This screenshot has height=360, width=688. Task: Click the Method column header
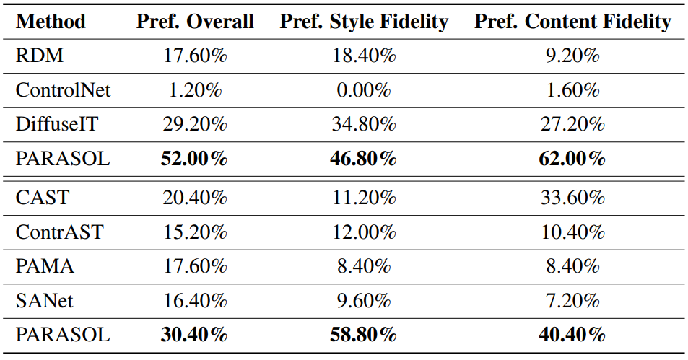(x=51, y=22)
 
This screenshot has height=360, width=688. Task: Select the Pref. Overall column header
(x=195, y=22)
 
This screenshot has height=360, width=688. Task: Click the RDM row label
(x=40, y=56)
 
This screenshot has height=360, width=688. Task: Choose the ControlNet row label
(x=64, y=90)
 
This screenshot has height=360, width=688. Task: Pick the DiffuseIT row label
(x=56, y=124)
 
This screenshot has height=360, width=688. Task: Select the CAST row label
(x=43, y=198)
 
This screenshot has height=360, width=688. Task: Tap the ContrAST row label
(x=59, y=232)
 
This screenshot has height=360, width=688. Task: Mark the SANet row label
(x=44, y=301)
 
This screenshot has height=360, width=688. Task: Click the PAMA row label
(x=45, y=266)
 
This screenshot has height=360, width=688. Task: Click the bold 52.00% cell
(x=194, y=158)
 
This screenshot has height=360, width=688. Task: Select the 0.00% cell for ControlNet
(x=364, y=90)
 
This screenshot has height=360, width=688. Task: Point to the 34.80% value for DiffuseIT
(x=364, y=124)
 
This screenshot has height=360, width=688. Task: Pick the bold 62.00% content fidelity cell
(x=572, y=158)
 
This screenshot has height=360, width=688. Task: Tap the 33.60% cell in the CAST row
(x=572, y=198)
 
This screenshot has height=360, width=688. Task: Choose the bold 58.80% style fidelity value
(x=363, y=335)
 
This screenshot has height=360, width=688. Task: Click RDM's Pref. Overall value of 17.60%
(x=195, y=56)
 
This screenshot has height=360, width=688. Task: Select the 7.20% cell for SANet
(x=572, y=301)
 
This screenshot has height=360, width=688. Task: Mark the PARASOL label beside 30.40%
(x=63, y=335)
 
